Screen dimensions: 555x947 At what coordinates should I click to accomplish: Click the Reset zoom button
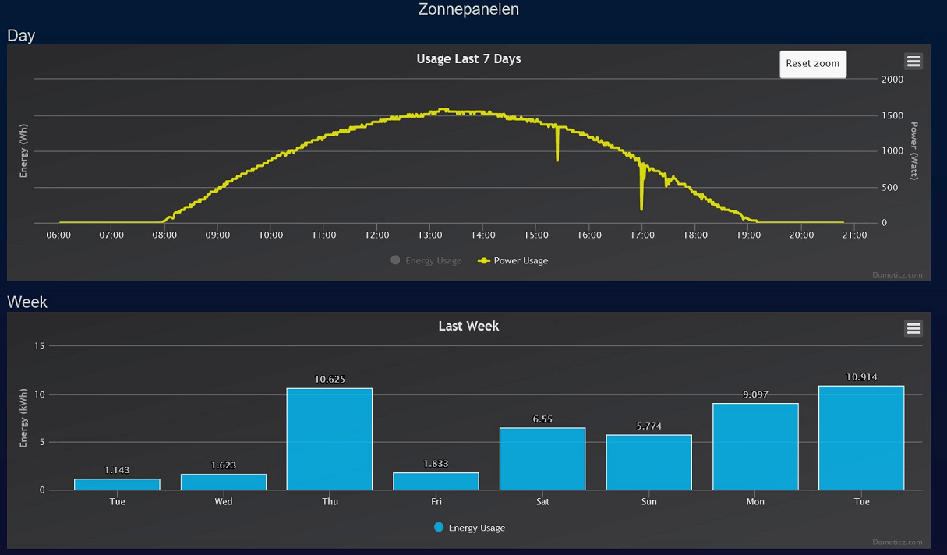[812, 64]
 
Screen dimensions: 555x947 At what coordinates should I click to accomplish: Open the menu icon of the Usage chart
[913, 61]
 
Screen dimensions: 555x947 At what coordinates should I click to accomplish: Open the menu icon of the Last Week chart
[913, 328]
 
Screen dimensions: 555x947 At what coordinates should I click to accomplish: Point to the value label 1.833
[436, 464]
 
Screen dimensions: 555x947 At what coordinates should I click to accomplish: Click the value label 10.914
[862, 377]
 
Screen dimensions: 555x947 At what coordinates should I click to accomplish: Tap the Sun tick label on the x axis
[648, 502]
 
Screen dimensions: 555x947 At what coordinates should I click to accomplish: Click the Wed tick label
[224, 502]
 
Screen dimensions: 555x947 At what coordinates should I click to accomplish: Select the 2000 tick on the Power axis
[892, 80]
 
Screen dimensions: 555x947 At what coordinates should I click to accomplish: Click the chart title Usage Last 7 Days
[468, 58]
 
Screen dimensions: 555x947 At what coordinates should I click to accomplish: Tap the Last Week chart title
[468, 326]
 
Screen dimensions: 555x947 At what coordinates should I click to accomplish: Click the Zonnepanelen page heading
[468, 9]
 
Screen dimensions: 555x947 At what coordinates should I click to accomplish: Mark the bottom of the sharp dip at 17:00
[641, 208]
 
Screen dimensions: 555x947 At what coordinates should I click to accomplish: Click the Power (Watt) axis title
[914, 150]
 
